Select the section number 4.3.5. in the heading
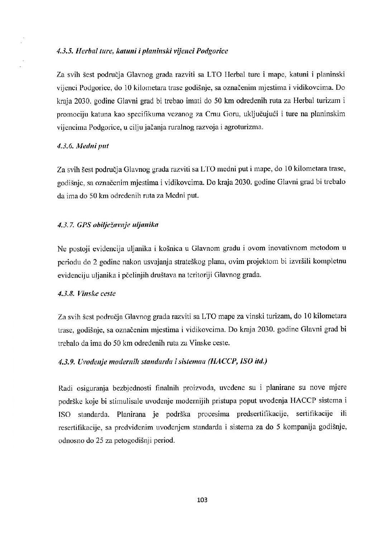(x=64, y=51)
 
